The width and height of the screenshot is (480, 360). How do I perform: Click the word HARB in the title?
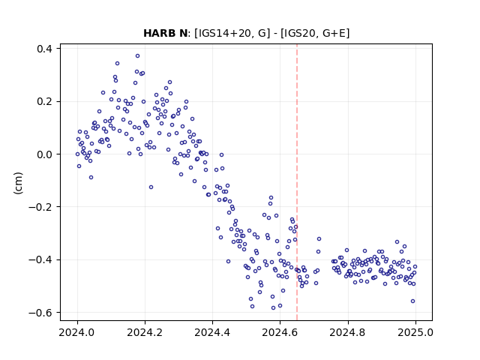click(x=159, y=33)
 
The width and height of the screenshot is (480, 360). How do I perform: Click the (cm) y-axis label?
click(x=18, y=183)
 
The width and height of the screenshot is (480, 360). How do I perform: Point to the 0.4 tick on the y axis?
click(x=44, y=49)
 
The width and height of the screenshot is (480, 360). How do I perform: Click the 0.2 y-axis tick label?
click(x=44, y=101)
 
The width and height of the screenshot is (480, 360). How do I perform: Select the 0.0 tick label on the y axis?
click(x=44, y=154)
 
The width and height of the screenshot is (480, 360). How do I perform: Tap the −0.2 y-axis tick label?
click(x=40, y=207)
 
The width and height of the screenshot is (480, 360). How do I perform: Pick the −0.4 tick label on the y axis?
click(x=40, y=260)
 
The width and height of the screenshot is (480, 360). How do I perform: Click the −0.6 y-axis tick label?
click(x=40, y=313)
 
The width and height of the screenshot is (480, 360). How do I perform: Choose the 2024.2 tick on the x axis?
click(x=145, y=332)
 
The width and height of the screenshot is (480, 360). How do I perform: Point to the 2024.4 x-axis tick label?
click(x=212, y=332)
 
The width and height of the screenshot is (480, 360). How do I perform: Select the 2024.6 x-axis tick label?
click(x=280, y=332)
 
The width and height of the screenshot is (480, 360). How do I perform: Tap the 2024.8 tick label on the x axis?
click(x=347, y=332)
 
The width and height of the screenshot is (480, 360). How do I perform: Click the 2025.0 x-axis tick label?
click(x=415, y=332)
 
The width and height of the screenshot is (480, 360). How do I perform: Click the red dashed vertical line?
click(x=297, y=182)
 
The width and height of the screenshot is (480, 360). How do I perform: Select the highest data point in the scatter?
click(x=138, y=55)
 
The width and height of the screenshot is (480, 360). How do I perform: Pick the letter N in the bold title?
click(x=183, y=33)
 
